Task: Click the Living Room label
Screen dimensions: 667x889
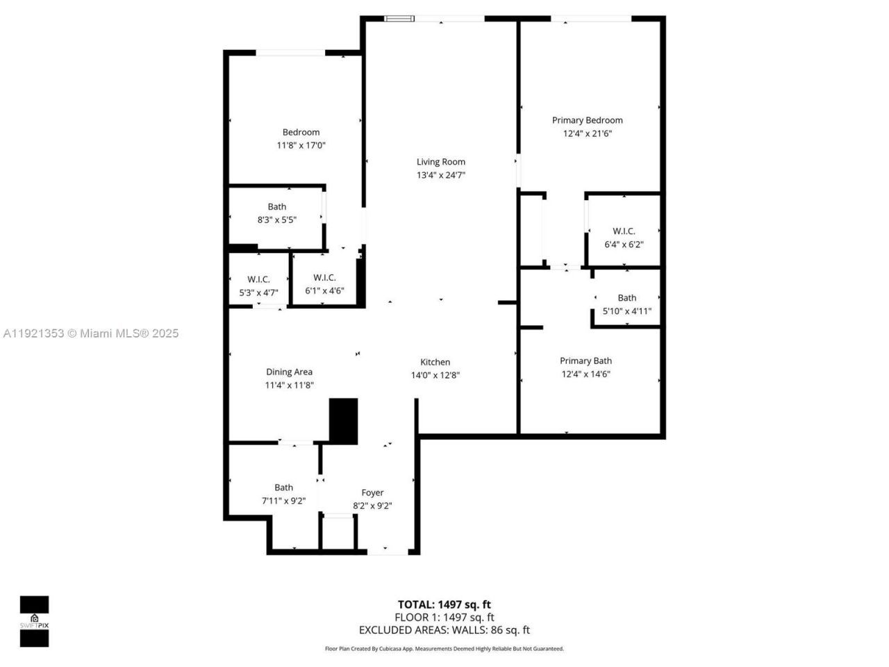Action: click(x=440, y=162)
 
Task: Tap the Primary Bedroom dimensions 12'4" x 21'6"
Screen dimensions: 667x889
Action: click(x=587, y=133)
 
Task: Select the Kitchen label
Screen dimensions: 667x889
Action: click(x=435, y=362)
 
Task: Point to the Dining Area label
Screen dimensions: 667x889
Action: click(x=289, y=372)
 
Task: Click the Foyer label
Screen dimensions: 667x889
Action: click(x=372, y=493)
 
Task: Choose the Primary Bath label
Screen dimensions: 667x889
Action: click(x=585, y=361)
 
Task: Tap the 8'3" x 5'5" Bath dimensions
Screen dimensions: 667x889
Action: click(x=276, y=220)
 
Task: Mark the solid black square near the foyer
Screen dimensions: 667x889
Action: click(x=343, y=421)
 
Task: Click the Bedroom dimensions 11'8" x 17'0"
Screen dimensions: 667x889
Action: click(x=301, y=145)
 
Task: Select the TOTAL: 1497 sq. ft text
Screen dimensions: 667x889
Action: click(x=444, y=604)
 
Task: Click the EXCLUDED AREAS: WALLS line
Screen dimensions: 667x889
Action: click(x=444, y=630)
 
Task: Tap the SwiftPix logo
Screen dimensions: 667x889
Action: click(x=34, y=621)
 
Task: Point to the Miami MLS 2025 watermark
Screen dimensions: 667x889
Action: click(x=91, y=333)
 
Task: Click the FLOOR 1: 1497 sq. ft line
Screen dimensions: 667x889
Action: click(x=444, y=617)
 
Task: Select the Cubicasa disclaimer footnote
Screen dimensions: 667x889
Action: click(x=444, y=649)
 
